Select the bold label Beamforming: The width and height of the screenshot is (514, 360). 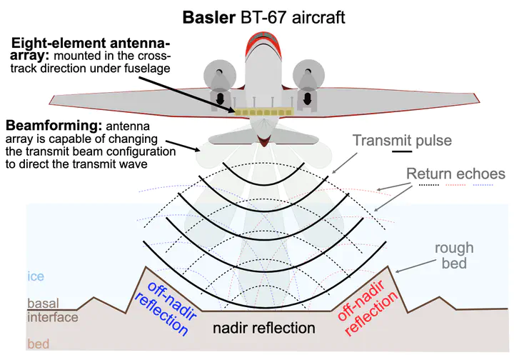tap(51, 124)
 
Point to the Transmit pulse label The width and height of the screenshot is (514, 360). tap(402, 141)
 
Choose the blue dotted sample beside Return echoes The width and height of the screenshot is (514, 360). tap(485, 184)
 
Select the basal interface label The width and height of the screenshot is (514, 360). tap(49, 310)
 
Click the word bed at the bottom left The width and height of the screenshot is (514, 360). tap(39, 344)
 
